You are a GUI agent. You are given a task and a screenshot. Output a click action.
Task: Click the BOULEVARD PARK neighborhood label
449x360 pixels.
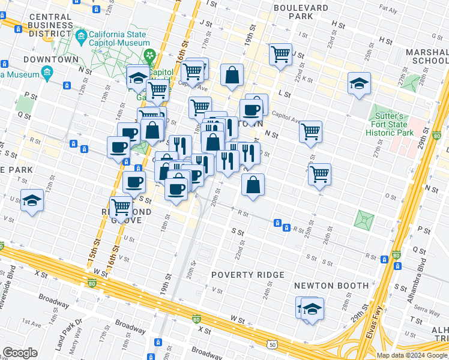pos(301,13)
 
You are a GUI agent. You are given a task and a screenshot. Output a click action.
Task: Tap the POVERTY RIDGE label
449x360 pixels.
pos(248,275)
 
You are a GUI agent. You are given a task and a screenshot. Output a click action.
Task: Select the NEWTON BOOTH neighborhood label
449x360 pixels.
pos(322,286)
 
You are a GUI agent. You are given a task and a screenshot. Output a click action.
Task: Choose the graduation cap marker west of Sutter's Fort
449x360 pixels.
pos(359,84)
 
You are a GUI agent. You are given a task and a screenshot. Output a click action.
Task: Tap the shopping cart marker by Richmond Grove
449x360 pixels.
pos(122,207)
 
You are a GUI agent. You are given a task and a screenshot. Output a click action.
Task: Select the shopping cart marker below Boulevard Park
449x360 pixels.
pos(280,55)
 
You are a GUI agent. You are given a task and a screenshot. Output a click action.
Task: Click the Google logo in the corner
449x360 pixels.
pos(20,353)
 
